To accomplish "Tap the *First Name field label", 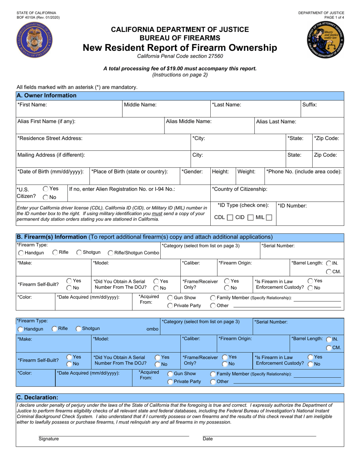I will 32,105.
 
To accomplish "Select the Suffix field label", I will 310,105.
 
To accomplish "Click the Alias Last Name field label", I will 276,122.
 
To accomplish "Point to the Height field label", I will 220,172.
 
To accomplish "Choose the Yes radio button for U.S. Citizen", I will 45,188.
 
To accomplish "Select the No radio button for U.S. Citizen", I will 45,197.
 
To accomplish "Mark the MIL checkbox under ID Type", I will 269,217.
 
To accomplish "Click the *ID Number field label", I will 292,206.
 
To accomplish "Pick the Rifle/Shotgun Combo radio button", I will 110,253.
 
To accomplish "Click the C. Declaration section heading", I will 38,397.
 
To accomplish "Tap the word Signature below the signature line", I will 49,439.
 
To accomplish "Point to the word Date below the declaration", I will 208,439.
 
